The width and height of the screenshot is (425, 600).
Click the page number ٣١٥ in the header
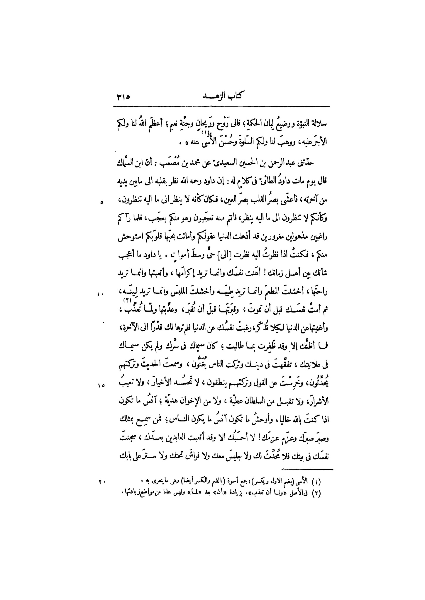(x=123, y=97)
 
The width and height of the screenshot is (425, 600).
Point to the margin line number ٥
(x=101, y=203)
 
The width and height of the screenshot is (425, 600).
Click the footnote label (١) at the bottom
(x=323, y=482)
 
